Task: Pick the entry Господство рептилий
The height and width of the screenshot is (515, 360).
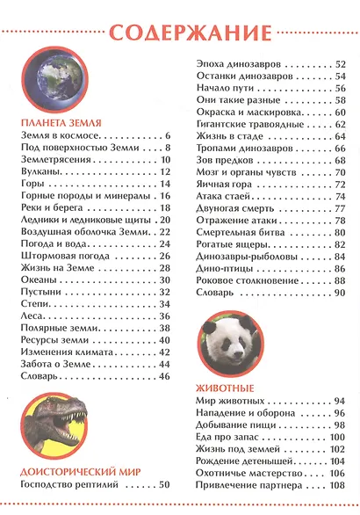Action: click(71, 484)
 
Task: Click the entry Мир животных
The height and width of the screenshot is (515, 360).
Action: click(225, 402)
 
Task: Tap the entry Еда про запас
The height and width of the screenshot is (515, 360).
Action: click(223, 437)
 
